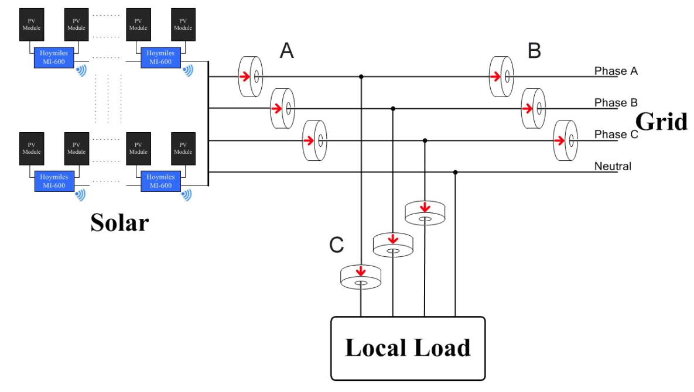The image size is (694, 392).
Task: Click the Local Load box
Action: (x=408, y=348)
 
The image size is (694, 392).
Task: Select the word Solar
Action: (x=119, y=222)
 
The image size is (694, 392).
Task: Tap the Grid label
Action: (x=661, y=122)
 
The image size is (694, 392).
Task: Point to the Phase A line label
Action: (x=616, y=71)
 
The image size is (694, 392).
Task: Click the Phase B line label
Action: (x=616, y=102)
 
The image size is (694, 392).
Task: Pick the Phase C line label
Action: (x=616, y=135)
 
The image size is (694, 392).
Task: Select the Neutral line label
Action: (x=613, y=166)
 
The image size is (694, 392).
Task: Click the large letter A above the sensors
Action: (x=287, y=51)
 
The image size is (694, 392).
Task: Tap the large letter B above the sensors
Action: (x=534, y=51)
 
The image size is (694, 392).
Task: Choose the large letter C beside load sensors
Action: (x=336, y=245)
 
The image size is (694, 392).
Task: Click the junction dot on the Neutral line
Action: (x=455, y=173)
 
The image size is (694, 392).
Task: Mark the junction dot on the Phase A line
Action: (x=361, y=77)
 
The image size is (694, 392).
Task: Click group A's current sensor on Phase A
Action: (x=251, y=77)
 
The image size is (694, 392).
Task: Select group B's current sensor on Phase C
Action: (x=565, y=140)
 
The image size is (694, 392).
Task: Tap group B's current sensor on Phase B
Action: (x=534, y=109)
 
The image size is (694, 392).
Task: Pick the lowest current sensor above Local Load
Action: (x=361, y=277)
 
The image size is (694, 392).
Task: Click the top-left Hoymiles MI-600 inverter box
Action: (x=54, y=57)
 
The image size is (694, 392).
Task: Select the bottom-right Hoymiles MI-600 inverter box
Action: (x=160, y=181)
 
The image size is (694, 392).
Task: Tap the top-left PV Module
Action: (x=32, y=25)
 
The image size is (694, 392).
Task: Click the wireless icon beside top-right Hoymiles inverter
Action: (x=189, y=71)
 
